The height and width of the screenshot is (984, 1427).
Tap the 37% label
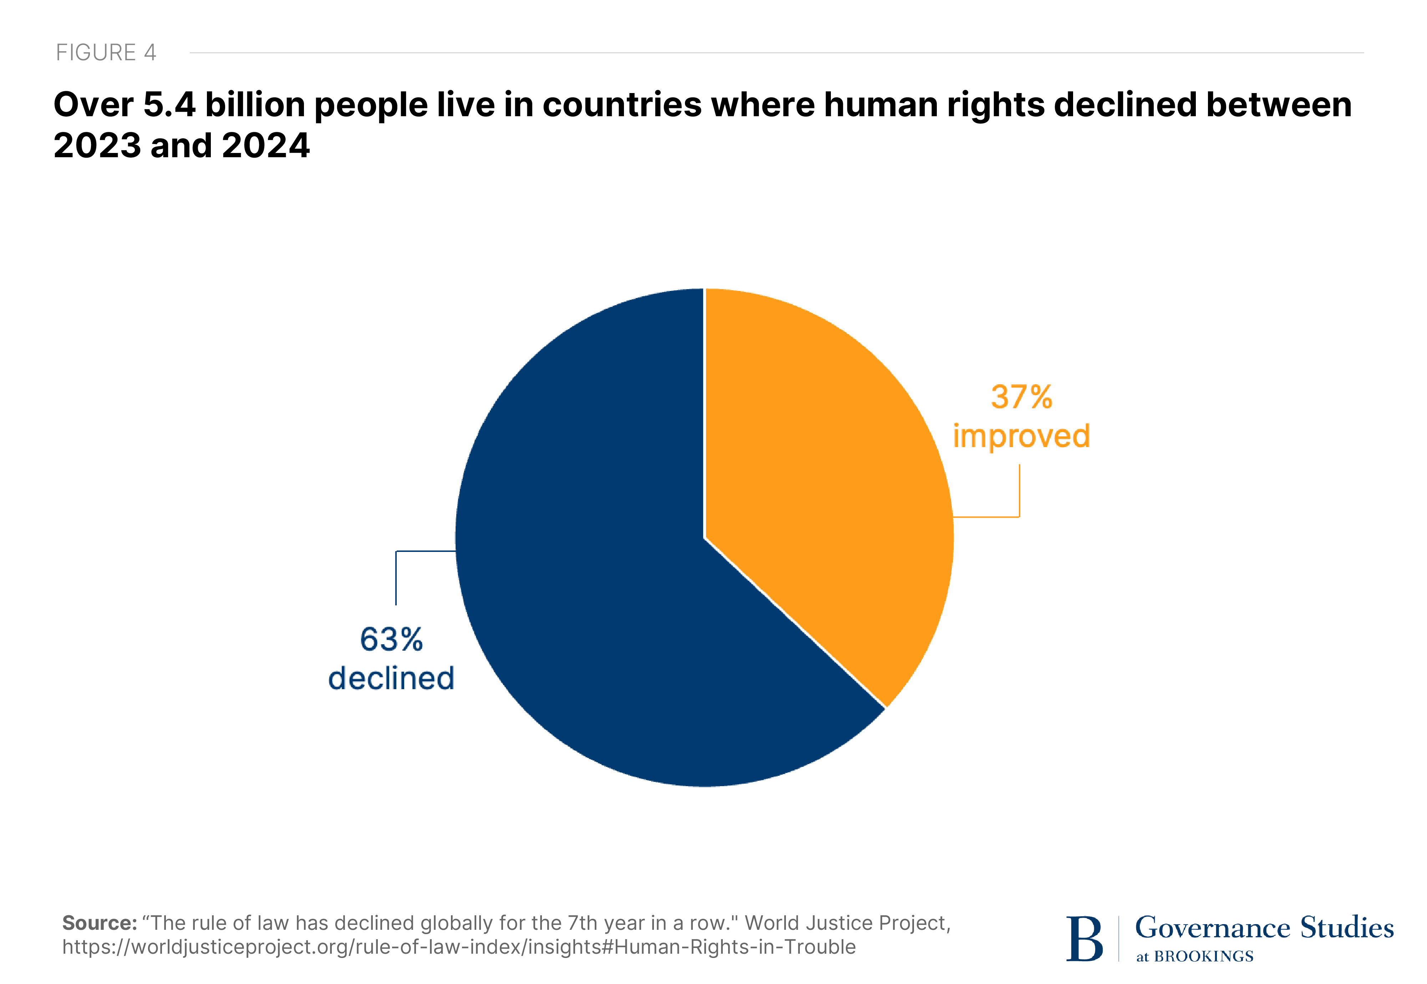pos(1021,397)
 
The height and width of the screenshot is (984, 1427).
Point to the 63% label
pos(391,639)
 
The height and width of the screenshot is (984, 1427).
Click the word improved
pos(1021,436)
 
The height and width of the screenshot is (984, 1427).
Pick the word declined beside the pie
pos(391,678)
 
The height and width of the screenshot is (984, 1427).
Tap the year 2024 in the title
pos(265,145)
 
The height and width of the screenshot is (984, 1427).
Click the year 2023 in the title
pos(97,145)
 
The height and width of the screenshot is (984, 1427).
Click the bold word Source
pos(99,923)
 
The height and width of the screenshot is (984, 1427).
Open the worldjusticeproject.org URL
pos(458,947)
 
